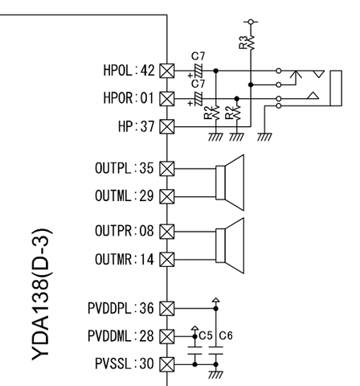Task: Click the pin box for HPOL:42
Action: [x=167, y=71]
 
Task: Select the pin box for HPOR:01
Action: [x=167, y=99]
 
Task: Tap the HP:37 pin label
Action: [x=136, y=126]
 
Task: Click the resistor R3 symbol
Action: [x=251, y=43]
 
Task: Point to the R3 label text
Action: [x=243, y=43]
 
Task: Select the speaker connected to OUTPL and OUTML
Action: [x=230, y=183]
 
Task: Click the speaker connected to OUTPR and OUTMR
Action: [x=230, y=245]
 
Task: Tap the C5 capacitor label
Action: [x=206, y=335]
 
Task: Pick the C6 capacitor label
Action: [x=226, y=335]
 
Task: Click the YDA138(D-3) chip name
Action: [x=41, y=294]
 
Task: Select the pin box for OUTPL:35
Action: [x=167, y=169]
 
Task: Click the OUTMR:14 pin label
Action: [x=125, y=259]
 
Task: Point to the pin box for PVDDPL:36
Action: [x=167, y=309]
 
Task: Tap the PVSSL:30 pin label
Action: [x=125, y=363]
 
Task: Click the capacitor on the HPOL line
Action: [x=198, y=71]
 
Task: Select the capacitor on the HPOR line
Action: [x=198, y=99]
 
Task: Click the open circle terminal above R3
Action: [x=251, y=22]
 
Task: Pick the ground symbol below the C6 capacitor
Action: [x=215, y=374]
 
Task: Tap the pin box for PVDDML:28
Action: [x=167, y=336]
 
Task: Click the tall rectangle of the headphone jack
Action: [x=336, y=88]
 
